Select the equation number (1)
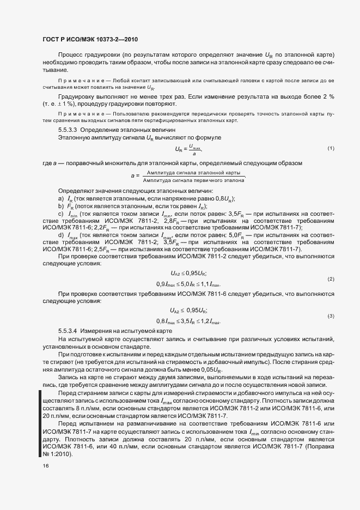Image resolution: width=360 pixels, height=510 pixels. click(331, 148)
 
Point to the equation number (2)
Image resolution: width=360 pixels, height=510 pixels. click(331, 279)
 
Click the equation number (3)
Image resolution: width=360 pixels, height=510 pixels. click(331, 316)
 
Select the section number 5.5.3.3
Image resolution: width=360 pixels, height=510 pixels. click(69, 131)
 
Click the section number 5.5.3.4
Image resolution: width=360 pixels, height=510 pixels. click(69, 331)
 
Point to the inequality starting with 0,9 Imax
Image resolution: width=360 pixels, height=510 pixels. click(188, 284)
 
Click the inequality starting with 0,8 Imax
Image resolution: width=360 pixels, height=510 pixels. click(188, 321)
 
